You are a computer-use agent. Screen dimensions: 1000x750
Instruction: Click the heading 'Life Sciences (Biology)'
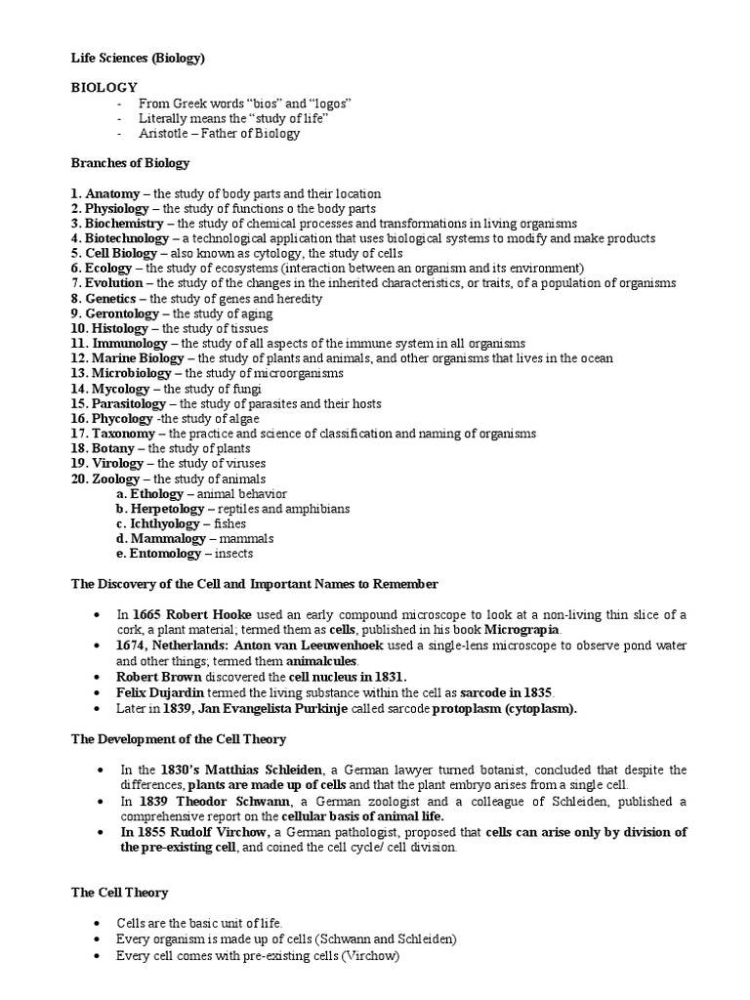[138, 58]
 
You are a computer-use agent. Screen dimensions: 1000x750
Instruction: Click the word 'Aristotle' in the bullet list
[167, 133]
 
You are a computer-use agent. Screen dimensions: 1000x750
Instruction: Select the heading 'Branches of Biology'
[130, 163]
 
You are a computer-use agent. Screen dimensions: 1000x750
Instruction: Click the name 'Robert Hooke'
[207, 613]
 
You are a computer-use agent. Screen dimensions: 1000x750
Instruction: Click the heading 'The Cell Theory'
[119, 893]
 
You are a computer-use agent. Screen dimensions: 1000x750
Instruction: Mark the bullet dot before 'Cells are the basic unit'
[98, 924]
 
